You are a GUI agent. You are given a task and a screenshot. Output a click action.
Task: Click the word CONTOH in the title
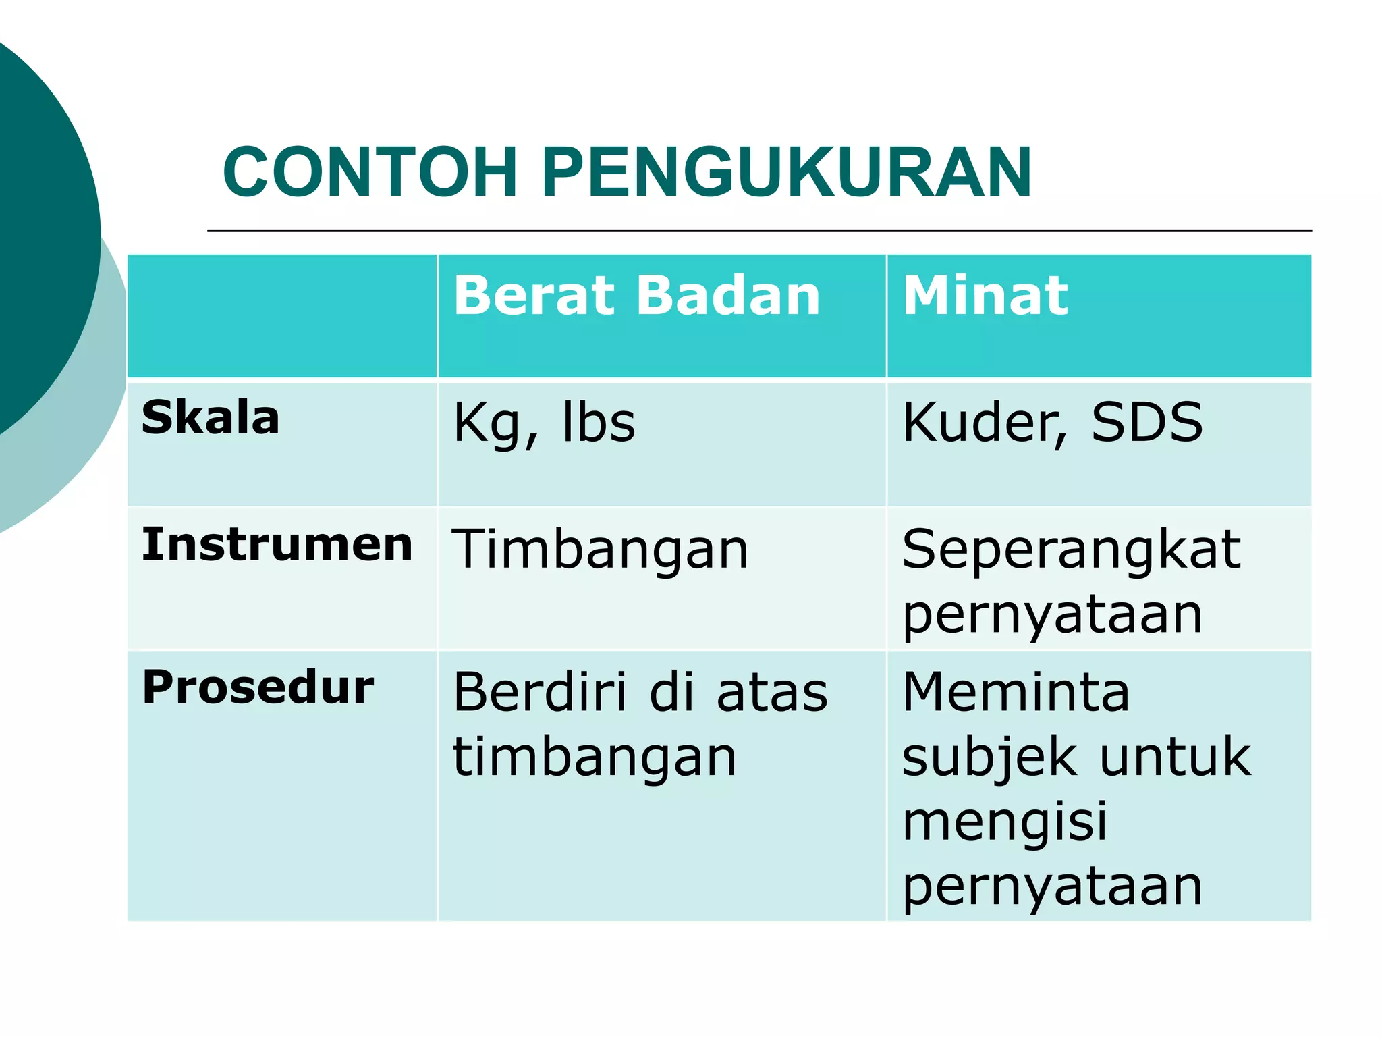coord(370,173)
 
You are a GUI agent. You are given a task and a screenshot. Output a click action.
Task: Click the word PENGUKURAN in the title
coord(786,173)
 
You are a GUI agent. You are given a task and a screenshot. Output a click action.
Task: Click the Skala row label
coord(211,418)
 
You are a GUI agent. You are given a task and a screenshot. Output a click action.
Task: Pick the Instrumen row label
coord(277,544)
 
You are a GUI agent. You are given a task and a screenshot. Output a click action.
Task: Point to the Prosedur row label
coord(258,687)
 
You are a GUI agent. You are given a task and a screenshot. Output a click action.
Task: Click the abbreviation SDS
coord(1146,423)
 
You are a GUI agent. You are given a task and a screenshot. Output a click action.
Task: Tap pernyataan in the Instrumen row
coord(1052,616)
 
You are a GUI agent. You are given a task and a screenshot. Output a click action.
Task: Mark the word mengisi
coord(1005,822)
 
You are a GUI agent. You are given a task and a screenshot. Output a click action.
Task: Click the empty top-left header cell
coord(282,316)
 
